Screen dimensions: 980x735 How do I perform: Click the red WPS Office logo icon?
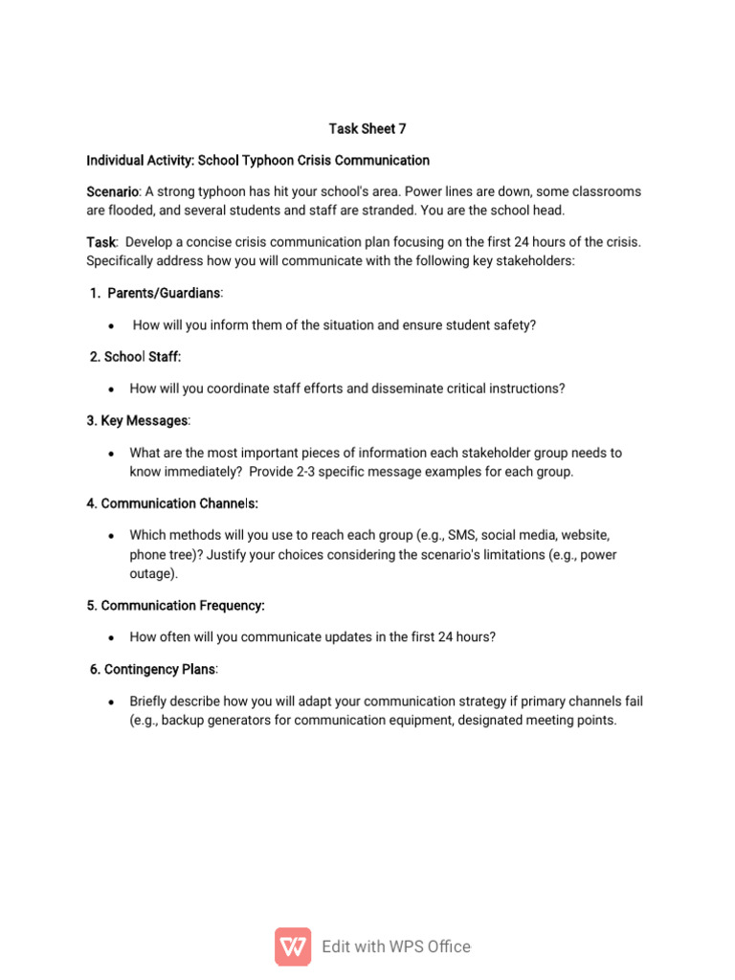pyautogui.click(x=293, y=946)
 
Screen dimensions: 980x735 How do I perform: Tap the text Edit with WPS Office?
pyautogui.click(x=396, y=946)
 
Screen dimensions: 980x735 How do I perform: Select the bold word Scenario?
pyautogui.click(x=112, y=191)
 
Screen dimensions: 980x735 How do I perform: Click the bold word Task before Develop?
pyautogui.click(x=101, y=242)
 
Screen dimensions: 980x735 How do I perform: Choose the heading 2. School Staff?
pyautogui.click(x=135, y=356)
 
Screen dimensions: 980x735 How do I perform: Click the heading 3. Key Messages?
pyautogui.click(x=139, y=420)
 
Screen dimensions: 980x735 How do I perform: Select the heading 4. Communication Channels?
pyautogui.click(x=172, y=502)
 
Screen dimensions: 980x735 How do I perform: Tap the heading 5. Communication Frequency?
pyautogui.click(x=175, y=605)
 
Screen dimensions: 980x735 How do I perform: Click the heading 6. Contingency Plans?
pyautogui.click(x=154, y=668)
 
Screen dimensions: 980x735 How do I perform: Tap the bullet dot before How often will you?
pyautogui.click(x=112, y=637)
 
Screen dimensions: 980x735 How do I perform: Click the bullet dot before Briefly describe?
pyautogui.click(x=112, y=702)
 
